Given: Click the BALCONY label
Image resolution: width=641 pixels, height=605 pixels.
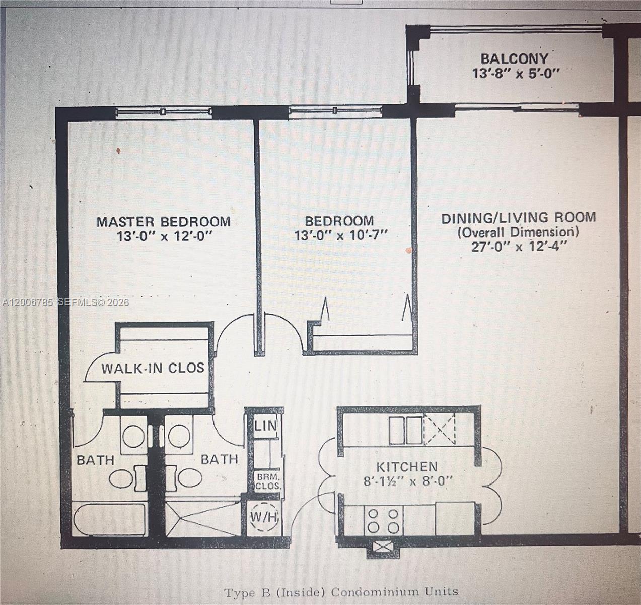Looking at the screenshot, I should (514, 58).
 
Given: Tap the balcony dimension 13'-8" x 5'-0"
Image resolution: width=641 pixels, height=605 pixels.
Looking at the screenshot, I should (516, 74).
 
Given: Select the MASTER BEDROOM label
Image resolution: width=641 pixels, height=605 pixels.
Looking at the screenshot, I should (164, 221).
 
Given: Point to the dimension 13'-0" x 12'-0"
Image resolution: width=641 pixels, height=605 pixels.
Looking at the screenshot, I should (164, 236).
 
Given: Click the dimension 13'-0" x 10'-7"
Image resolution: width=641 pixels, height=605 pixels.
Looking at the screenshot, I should (341, 235).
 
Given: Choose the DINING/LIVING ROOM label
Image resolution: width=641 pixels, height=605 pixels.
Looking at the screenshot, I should (519, 218).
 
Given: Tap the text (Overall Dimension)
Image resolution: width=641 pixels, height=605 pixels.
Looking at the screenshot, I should (518, 232).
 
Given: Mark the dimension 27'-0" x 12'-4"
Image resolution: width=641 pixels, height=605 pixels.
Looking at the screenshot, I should (519, 247).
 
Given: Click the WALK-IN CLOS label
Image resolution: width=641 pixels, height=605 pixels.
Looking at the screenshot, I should (153, 368).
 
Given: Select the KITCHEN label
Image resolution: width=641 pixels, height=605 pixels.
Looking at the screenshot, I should (407, 466).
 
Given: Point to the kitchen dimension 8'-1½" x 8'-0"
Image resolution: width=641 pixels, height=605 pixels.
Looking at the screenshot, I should (408, 481).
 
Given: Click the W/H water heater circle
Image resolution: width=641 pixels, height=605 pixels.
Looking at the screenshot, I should (265, 517).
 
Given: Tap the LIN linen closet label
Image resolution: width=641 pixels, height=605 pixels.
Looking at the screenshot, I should (265, 426).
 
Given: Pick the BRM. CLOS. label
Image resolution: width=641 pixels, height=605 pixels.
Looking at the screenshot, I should (267, 481).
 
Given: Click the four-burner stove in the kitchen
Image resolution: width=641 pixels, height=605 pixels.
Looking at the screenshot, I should (385, 520).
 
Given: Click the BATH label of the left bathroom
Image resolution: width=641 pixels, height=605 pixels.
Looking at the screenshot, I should (95, 460).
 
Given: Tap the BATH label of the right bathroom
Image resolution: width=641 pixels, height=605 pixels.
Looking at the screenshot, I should (220, 459).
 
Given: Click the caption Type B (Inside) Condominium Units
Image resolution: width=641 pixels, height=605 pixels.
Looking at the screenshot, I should (341, 592).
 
